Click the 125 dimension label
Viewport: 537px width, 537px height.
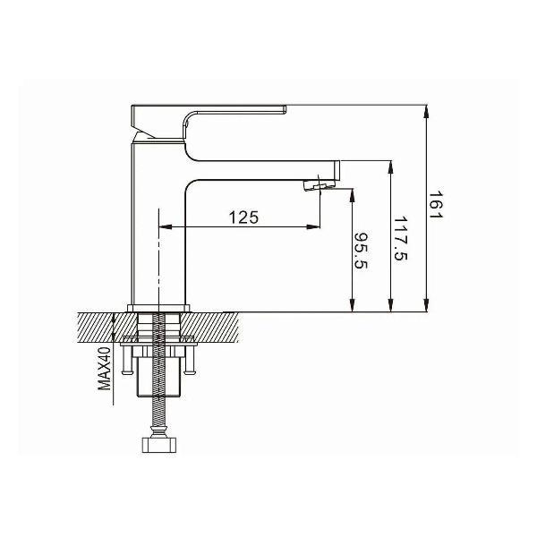point(243,217)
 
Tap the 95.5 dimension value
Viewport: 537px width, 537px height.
point(361,251)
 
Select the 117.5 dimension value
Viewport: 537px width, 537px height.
point(400,238)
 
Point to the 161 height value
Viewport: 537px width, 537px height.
point(436,205)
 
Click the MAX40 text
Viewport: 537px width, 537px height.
point(105,369)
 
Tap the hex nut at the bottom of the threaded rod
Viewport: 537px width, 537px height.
point(159,445)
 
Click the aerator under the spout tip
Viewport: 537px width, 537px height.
point(319,185)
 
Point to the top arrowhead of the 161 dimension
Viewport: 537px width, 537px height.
point(426,112)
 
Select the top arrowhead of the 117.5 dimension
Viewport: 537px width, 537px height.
point(390,168)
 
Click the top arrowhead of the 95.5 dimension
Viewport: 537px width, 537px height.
point(352,195)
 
